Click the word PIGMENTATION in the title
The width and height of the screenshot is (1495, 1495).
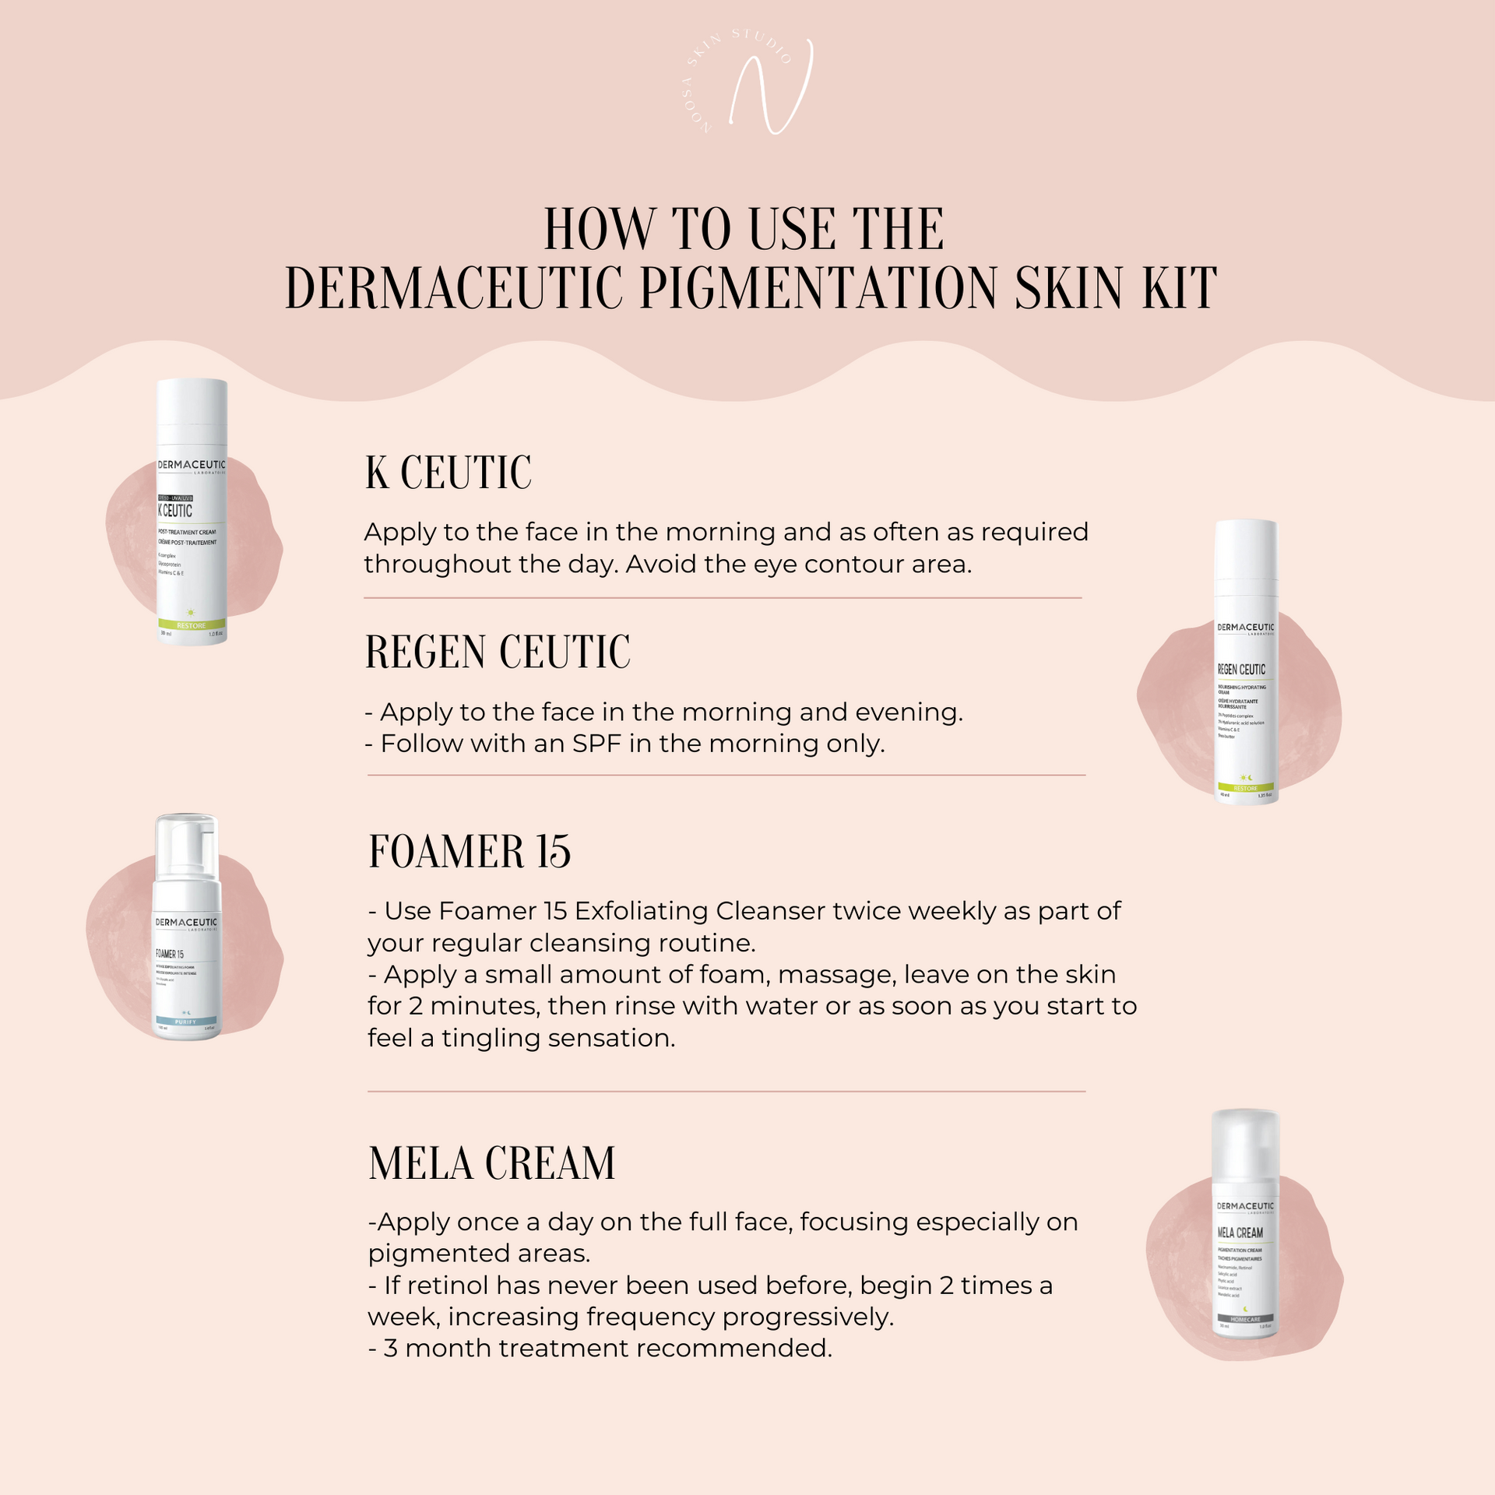coord(819,289)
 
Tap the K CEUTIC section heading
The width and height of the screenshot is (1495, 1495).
coord(448,473)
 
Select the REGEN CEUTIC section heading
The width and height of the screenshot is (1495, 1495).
coord(498,652)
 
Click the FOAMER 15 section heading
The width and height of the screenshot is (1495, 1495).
coord(470,851)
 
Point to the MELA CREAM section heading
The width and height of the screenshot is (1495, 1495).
coord(491,1163)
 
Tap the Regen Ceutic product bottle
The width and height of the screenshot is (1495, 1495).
coord(1246,662)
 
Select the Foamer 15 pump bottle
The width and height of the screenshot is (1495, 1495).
coord(186,934)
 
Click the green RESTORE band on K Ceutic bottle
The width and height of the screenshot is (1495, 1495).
coord(192,625)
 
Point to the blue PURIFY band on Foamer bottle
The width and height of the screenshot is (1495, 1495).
coord(186,1022)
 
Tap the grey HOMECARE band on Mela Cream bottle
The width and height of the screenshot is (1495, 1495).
coord(1245,1319)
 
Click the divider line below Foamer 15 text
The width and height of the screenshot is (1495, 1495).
coord(726,1092)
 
